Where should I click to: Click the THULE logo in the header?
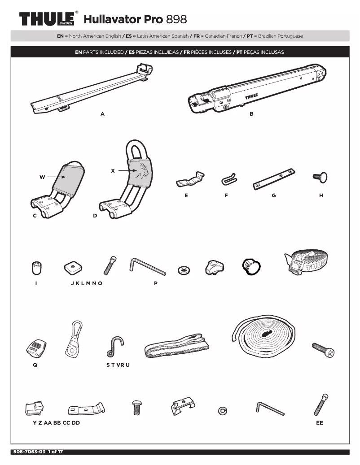coord(48,20)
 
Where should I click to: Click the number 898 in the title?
coord(176,20)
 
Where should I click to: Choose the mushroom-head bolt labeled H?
coord(320,178)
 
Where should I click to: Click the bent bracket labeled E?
coord(189,180)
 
